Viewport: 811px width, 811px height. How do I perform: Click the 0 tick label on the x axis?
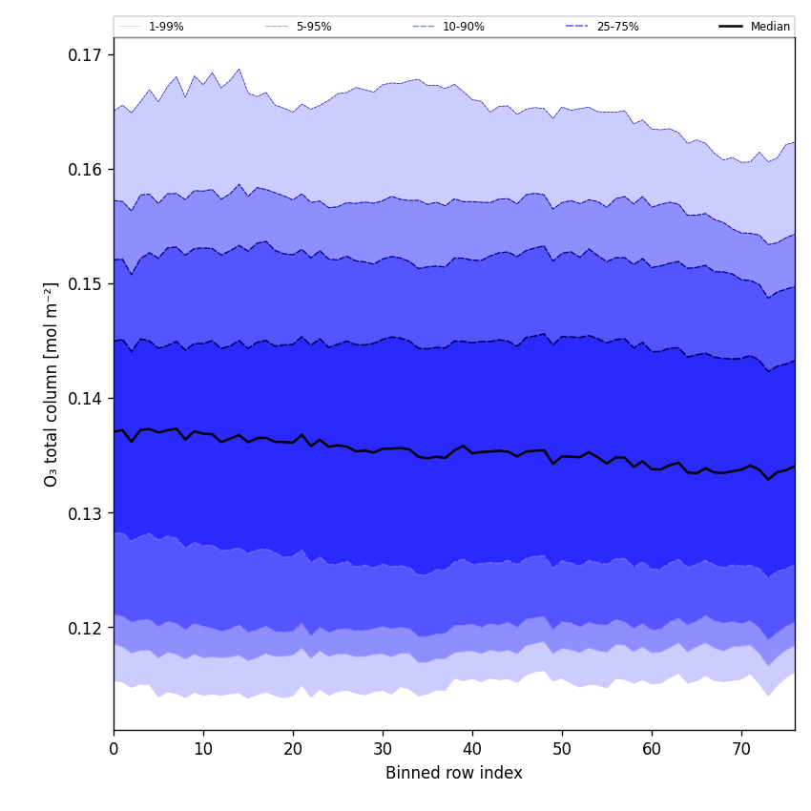point(114,749)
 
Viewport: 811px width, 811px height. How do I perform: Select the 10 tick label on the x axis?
point(203,749)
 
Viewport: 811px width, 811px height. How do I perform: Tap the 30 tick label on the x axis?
point(383,749)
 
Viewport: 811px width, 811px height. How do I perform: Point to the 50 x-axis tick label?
point(562,749)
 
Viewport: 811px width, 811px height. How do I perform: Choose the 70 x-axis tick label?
point(741,749)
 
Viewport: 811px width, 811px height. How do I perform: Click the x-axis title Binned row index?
point(454,773)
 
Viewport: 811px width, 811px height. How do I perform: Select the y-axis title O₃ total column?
point(52,384)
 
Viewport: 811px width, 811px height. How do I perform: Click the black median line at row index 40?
point(472,452)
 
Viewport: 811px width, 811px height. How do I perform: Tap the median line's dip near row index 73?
point(768,479)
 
